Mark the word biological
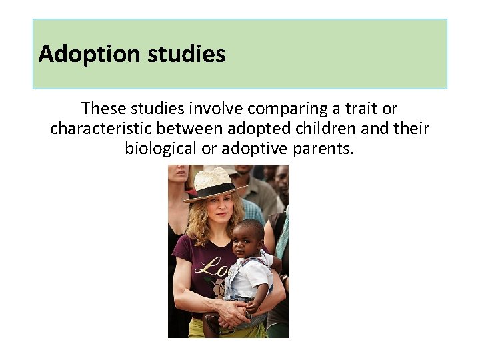(161, 148)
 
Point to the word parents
(323, 148)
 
